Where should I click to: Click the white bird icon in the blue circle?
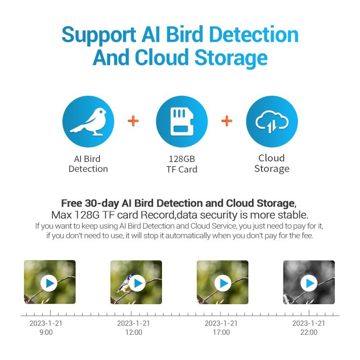(88, 121)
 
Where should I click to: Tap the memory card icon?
(182, 121)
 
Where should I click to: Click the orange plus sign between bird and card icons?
(133, 121)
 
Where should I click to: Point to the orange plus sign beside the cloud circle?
(227, 121)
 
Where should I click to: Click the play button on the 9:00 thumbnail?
(49, 283)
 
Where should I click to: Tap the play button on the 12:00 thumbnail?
(137, 283)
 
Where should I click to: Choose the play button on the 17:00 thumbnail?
(223, 283)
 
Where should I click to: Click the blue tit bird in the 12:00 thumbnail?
(124, 284)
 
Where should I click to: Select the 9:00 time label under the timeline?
(46, 332)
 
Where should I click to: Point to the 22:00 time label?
(309, 332)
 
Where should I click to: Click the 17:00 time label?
(221, 332)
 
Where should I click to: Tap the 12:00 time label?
(134, 332)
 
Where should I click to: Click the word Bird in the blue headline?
(184, 35)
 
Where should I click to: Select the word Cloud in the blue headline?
(162, 57)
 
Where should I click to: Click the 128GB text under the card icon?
(182, 159)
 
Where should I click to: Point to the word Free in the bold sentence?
(72, 203)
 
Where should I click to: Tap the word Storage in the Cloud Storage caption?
(272, 169)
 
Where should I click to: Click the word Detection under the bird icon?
(88, 169)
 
